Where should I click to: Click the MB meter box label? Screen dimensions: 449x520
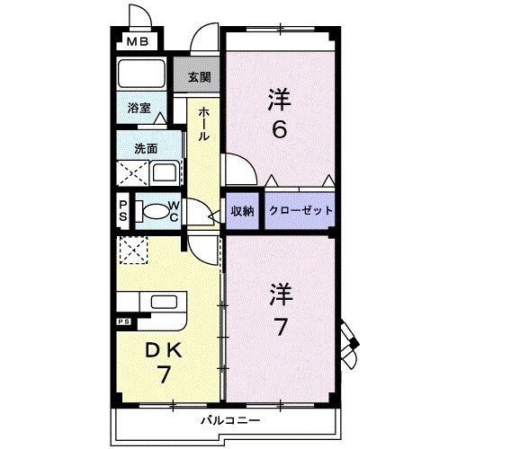click(137, 40)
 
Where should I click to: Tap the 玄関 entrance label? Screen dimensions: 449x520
click(200, 77)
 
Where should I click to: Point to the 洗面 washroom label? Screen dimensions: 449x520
click(147, 147)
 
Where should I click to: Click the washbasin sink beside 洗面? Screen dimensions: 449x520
click(164, 172)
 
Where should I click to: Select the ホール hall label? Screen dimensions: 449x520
click(204, 123)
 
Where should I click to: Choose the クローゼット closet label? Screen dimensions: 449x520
click(300, 210)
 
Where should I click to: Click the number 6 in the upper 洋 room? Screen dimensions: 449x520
click(280, 130)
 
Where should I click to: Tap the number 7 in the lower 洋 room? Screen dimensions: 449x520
click(280, 327)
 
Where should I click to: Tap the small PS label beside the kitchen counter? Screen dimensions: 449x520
click(122, 321)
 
